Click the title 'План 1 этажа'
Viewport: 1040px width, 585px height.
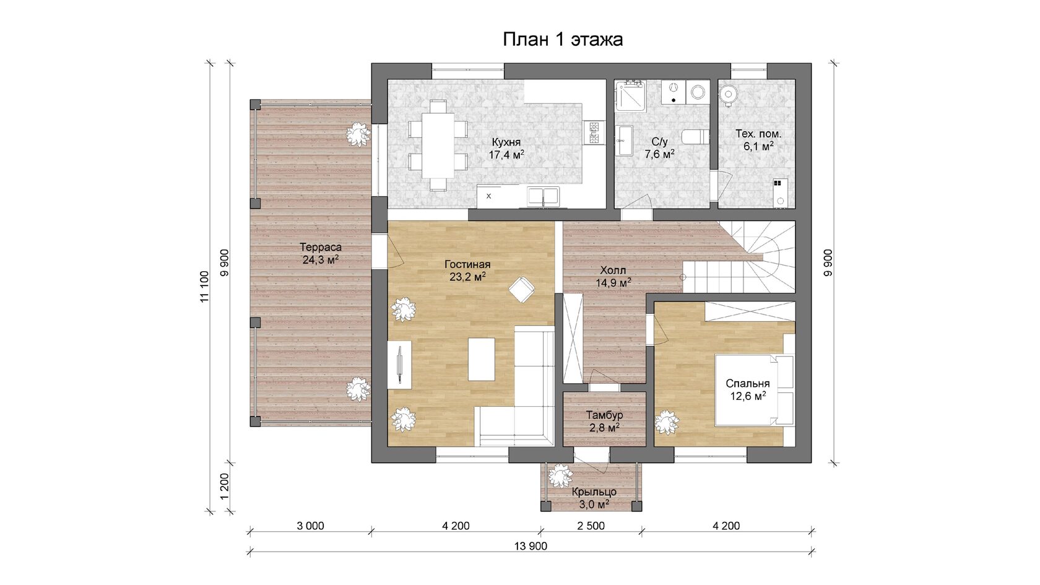563,40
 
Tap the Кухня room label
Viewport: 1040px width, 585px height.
506,142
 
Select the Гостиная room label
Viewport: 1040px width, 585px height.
467,265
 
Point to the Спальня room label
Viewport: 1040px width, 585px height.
748,384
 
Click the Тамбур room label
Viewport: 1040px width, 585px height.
604,415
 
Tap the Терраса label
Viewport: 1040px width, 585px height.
321,247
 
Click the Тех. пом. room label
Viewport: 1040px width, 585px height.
759,134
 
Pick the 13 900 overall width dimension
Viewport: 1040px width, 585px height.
531,547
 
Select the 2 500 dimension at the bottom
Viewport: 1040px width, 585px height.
591,526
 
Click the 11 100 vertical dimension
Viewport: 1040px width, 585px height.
205,287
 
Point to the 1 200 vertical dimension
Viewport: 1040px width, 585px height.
225,487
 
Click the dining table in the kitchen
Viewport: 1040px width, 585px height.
437,146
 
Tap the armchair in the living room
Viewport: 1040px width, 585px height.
522,289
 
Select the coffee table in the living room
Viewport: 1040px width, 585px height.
482,359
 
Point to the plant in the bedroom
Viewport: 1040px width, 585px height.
667,422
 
